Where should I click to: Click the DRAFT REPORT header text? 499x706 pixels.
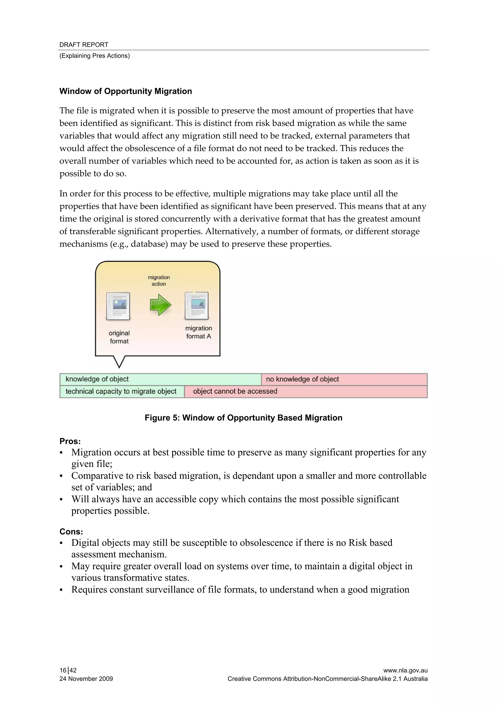pyautogui.click(x=84, y=45)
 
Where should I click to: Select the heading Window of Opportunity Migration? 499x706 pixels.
pyautogui.click(x=125, y=91)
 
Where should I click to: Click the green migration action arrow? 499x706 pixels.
pyautogui.click(x=160, y=305)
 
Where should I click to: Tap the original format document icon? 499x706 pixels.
pyautogui.click(x=118, y=306)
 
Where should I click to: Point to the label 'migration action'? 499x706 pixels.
pyautogui.click(x=159, y=280)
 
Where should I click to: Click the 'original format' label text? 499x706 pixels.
pyautogui.click(x=119, y=337)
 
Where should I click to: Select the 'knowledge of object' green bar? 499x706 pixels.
pyautogui.click(x=160, y=379)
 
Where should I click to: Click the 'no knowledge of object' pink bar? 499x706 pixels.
pyautogui.click(x=344, y=379)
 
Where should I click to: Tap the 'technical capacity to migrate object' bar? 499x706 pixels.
pyautogui.click(x=122, y=391)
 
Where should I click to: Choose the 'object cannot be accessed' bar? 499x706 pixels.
pyautogui.click(x=305, y=391)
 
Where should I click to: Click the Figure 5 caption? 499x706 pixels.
pyautogui.click(x=243, y=417)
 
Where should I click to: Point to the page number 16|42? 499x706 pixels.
pyautogui.click(x=68, y=670)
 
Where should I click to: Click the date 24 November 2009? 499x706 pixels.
pyautogui.click(x=86, y=679)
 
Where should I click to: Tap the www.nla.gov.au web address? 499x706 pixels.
pyautogui.click(x=405, y=670)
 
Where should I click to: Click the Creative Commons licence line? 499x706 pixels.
pyautogui.click(x=327, y=679)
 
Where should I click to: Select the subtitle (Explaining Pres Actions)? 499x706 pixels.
pyautogui.click(x=94, y=56)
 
